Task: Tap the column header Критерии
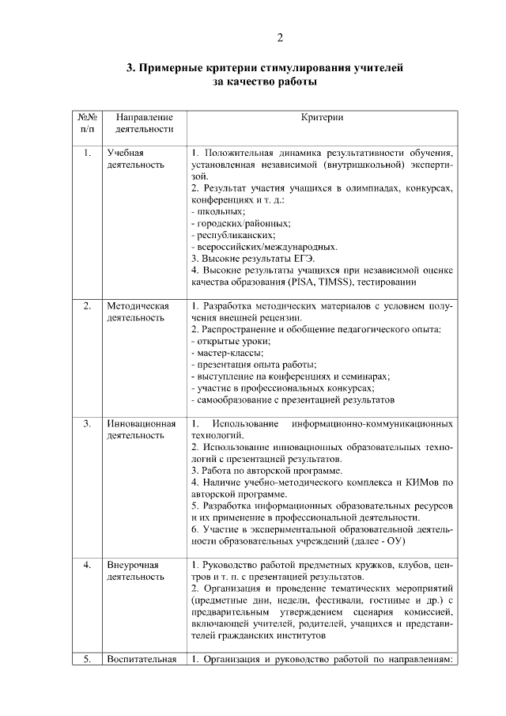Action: pyautogui.click(x=322, y=117)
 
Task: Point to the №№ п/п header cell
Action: pyautogui.click(x=87, y=123)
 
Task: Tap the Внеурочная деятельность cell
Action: pyautogui.click(x=135, y=571)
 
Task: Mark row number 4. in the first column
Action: pyautogui.click(x=87, y=565)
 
